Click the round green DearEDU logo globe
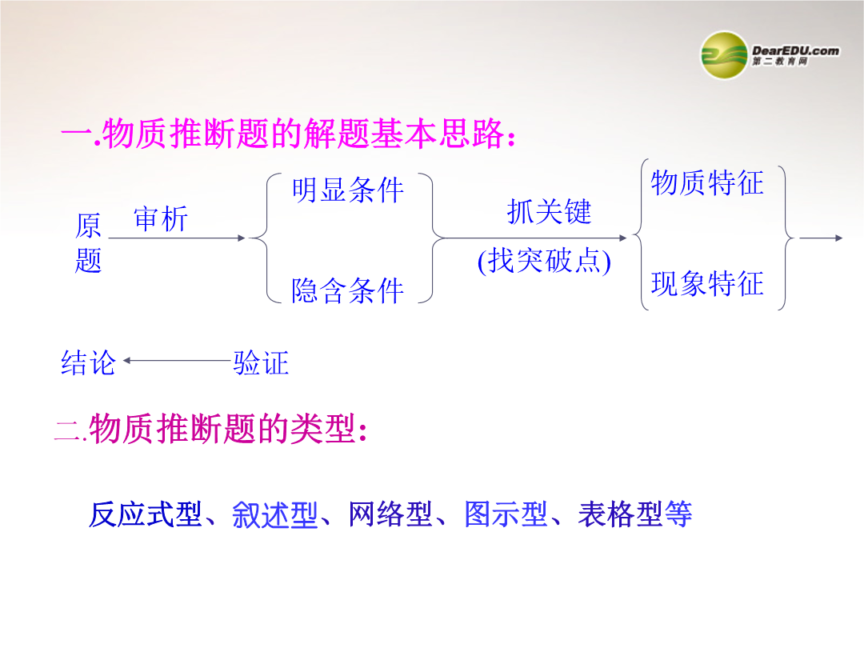[x=724, y=55]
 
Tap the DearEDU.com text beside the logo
[x=796, y=50]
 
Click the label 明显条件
[x=348, y=190]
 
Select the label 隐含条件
[x=348, y=291]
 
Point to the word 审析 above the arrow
[x=161, y=218]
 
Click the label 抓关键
[x=550, y=212]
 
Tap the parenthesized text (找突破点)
[x=545, y=261]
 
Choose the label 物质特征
[x=707, y=183]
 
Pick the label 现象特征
[x=707, y=284]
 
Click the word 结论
[x=88, y=363]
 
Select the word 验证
[x=261, y=363]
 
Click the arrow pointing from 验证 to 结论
[x=177, y=360]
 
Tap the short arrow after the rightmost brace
[x=821, y=238]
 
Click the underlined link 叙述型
[x=275, y=514]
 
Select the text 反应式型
[x=145, y=514]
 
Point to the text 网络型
[x=390, y=514]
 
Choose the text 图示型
[x=506, y=514]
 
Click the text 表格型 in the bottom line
[x=621, y=514]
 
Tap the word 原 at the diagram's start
[x=88, y=226]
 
